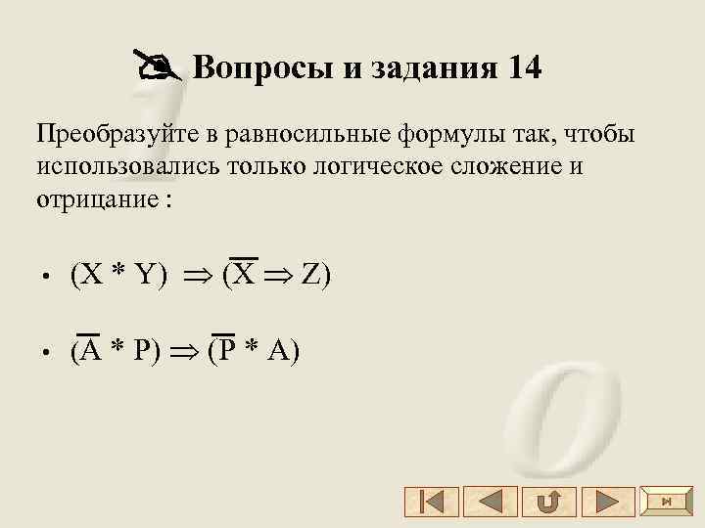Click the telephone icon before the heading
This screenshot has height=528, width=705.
tap(156, 68)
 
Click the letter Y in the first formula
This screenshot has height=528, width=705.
tap(146, 277)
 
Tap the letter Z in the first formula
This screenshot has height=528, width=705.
tap(310, 277)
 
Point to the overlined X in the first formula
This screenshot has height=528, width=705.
tap(245, 275)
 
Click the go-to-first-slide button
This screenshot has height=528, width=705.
tap(431, 503)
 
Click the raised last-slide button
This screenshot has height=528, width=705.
tap(666, 502)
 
